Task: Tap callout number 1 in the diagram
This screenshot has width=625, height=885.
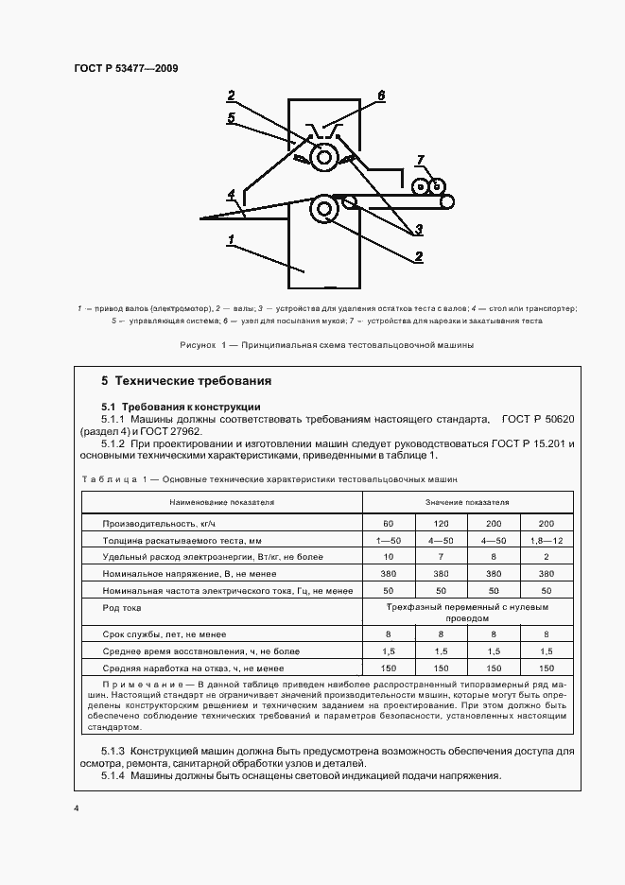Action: pos(231,241)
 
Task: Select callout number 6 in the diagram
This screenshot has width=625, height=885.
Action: pos(381,95)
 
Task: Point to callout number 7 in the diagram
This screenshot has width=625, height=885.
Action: pos(421,160)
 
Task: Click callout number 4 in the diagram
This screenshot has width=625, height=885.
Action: pos(231,195)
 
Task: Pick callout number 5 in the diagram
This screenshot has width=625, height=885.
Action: pos(231,118)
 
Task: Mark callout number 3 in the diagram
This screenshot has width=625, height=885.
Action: pos(418,228)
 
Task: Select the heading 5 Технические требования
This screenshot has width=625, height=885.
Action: pos(186,381)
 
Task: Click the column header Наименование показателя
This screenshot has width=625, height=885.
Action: pos(221,502)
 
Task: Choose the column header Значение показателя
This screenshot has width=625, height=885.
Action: pos(466,502)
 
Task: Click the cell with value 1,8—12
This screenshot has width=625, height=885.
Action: pos(546,541)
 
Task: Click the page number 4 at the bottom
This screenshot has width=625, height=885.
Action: pos(76,809)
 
